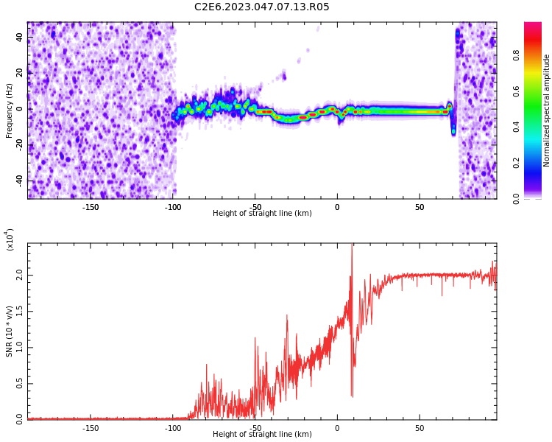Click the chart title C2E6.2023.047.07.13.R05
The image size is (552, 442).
262,7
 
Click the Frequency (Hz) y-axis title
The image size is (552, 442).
10,110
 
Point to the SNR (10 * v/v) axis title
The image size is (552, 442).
10,331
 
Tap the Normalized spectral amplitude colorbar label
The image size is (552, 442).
547,110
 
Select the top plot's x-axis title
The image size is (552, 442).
262,214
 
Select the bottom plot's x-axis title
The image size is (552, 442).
262,434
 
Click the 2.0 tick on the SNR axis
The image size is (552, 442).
20,274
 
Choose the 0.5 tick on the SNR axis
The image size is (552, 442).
20,382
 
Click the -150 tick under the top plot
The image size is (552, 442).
91,207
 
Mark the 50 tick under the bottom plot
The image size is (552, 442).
420,427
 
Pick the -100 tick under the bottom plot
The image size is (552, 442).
173,427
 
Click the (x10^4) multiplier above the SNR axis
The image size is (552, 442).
10,239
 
